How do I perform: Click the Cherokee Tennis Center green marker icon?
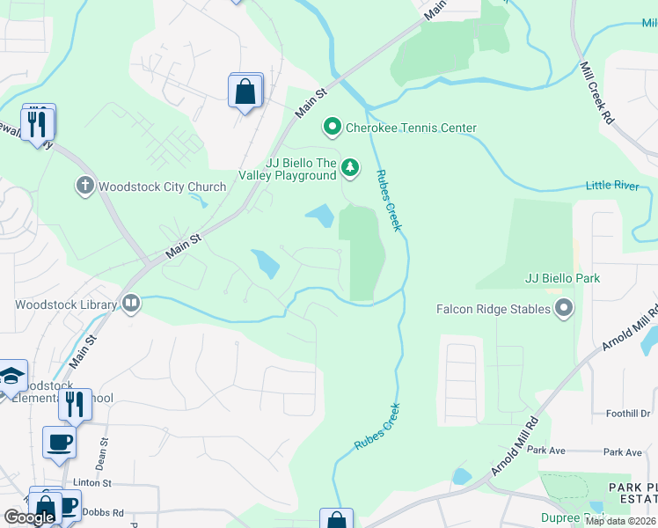coord(333,128)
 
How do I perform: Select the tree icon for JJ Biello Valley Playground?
coord(350,166)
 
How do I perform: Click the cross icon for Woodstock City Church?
coord(84,186)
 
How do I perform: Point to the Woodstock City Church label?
coord(162,187)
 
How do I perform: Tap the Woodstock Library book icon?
coord(131,304)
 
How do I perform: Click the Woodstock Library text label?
coord(65,305)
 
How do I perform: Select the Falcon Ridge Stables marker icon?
coord(564,308)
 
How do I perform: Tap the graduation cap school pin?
coord(12,377)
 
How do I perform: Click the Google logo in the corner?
coord(29,517)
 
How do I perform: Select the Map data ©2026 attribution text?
coord(620,521)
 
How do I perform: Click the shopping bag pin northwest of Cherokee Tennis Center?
coord(245,91)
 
